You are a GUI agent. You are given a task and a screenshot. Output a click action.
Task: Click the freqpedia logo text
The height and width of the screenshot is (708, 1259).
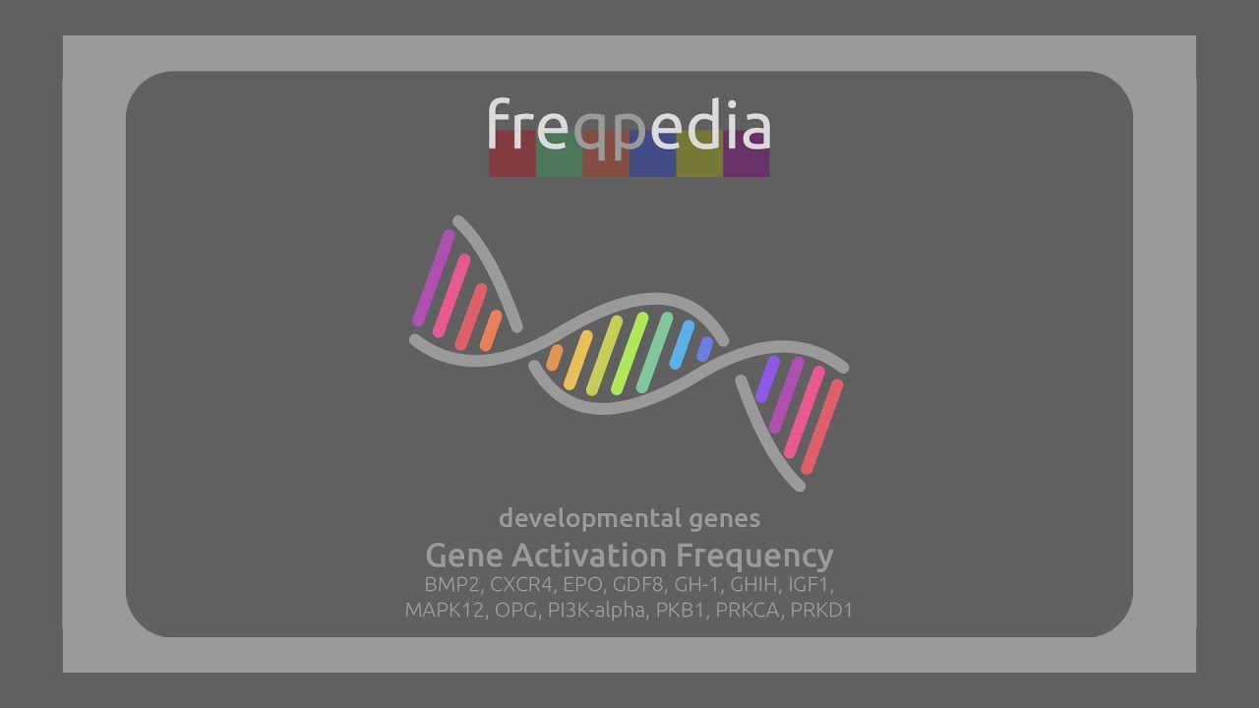629,127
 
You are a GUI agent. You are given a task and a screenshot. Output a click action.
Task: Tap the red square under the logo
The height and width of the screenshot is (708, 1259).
512,154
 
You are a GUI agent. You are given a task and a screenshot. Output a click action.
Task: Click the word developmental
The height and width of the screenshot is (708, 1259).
589,517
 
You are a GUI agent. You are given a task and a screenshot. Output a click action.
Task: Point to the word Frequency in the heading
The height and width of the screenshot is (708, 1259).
754,555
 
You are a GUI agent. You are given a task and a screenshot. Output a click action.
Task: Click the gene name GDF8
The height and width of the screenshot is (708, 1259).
637,584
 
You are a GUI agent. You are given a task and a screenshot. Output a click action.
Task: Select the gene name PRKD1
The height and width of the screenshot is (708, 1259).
821,610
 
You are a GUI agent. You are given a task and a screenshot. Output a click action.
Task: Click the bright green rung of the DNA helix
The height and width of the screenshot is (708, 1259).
629,352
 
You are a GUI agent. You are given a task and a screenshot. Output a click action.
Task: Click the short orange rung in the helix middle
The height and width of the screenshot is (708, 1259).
555,356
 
